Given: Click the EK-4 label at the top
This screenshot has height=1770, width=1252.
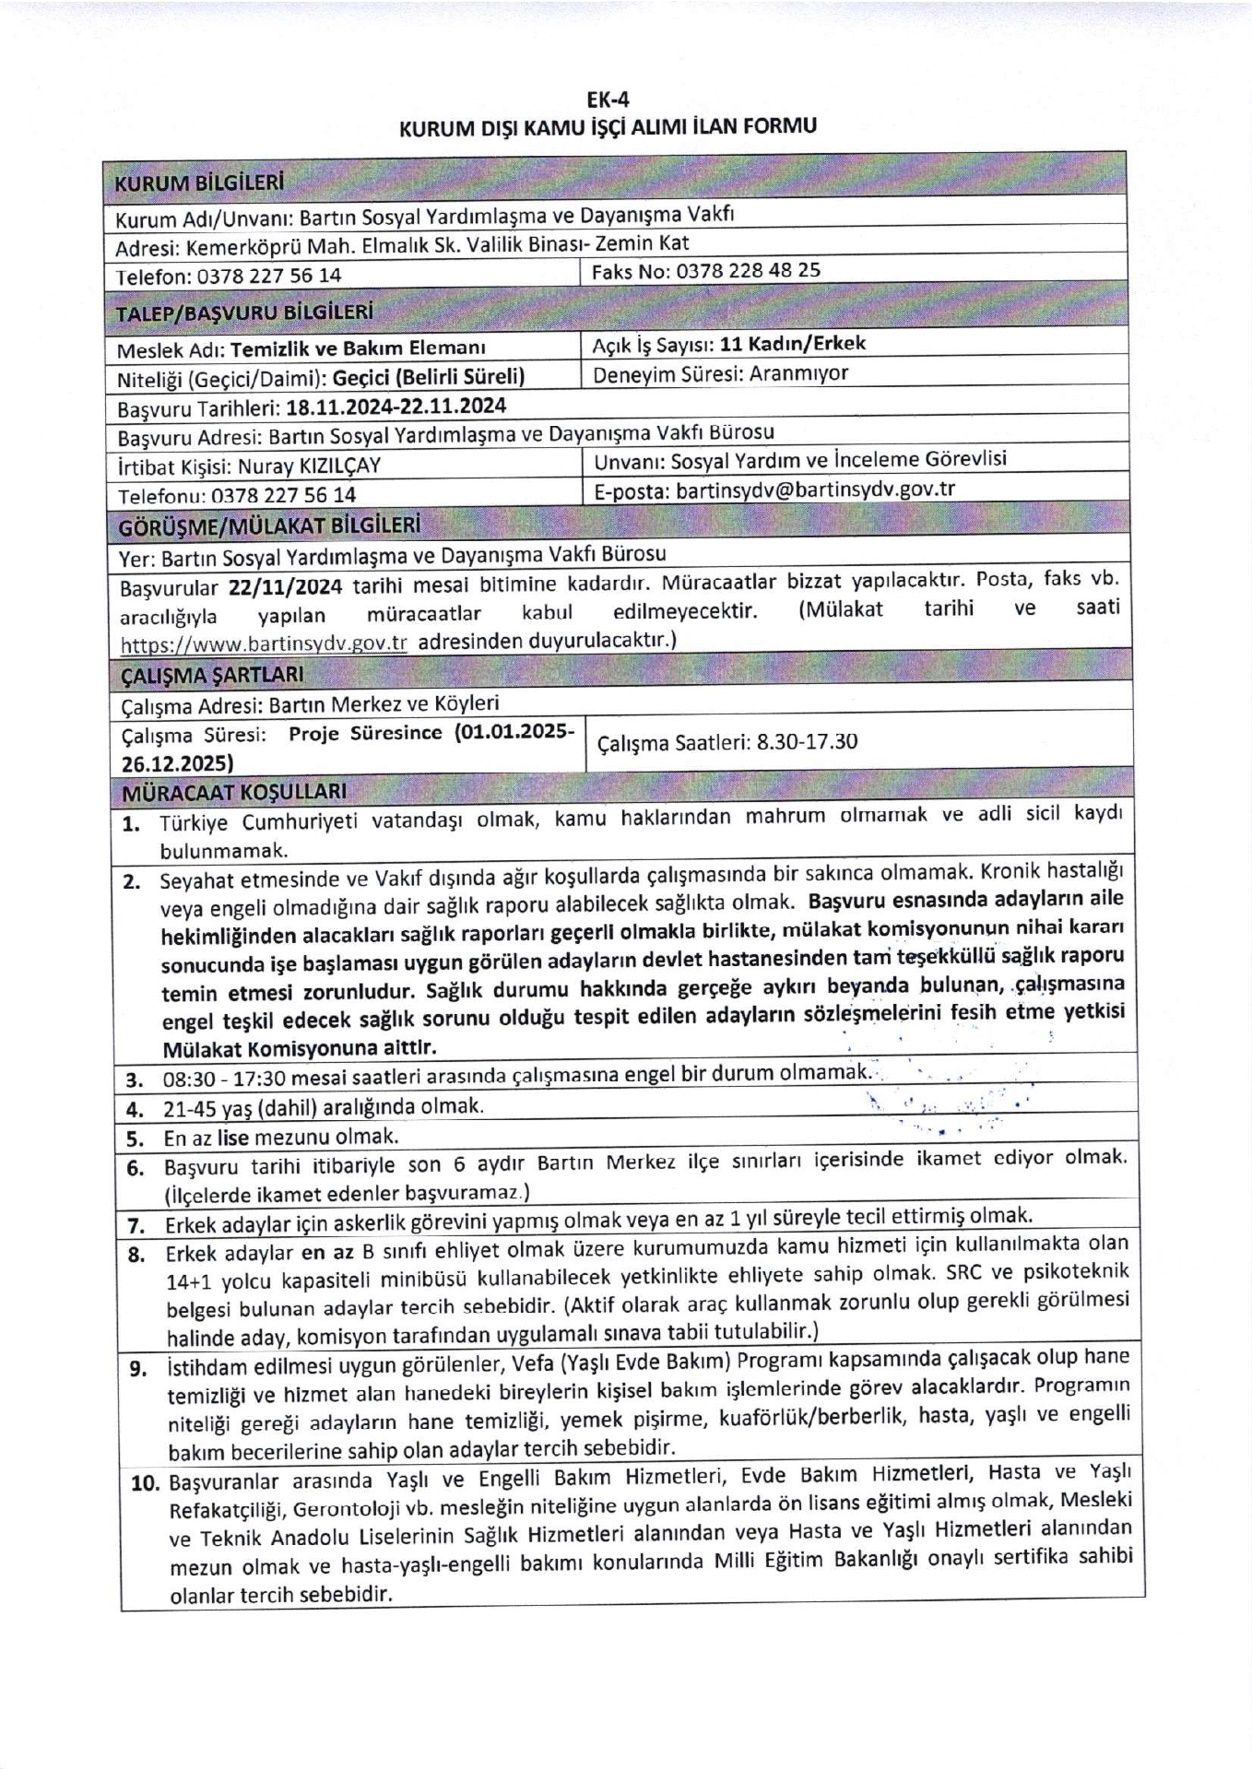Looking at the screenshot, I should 608,100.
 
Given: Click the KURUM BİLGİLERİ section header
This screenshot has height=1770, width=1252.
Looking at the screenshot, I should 198,182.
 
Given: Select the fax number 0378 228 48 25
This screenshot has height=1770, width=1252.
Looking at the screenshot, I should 748,271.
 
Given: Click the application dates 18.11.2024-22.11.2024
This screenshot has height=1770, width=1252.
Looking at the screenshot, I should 396,407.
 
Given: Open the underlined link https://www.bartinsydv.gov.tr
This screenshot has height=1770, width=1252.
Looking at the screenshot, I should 264,643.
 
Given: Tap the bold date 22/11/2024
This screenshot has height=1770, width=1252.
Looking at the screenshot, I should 286,587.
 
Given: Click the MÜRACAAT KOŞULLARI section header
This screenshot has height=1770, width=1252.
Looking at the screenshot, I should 234,791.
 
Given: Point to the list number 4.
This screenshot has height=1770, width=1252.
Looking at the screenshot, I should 135,1109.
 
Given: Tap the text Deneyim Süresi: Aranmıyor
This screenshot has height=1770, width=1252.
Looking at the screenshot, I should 721,374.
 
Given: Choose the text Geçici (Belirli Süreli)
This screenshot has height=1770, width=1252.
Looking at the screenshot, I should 429,378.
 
